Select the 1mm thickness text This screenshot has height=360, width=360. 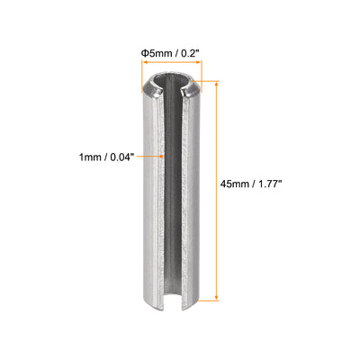click(x=90, y=156)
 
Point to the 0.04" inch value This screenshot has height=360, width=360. click(x=122, y=156)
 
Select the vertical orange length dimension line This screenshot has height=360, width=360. click(x=216, y=189)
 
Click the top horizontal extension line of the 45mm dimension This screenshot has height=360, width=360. click(x=207, y=81)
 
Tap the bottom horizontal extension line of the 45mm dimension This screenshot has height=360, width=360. click(x=207, y=298)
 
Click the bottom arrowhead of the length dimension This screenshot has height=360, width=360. click(x=216, y=294)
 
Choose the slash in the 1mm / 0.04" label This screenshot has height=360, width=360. click(x=104, y=156)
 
